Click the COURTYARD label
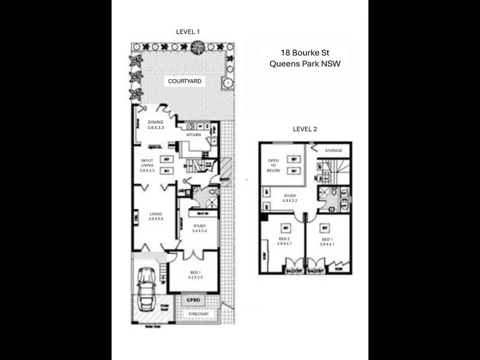pos(184,81)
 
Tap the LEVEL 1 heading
pos(188,32)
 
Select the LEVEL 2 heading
pos(305,128)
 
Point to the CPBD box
pos(193,300)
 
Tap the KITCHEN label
pos(193,135)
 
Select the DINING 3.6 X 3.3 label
pos(155,125)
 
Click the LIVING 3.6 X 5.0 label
pos(156,217)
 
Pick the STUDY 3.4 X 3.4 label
pos(199,228)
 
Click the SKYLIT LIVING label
pos(147,166)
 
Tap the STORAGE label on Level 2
pos(333,151)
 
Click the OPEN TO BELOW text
pos(274,166)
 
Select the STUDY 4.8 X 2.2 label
pos(290,197)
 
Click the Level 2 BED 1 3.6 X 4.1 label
pos(327,242)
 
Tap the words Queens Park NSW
pos(305,64)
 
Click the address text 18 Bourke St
pos(305,52)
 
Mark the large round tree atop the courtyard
pos(198,48)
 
